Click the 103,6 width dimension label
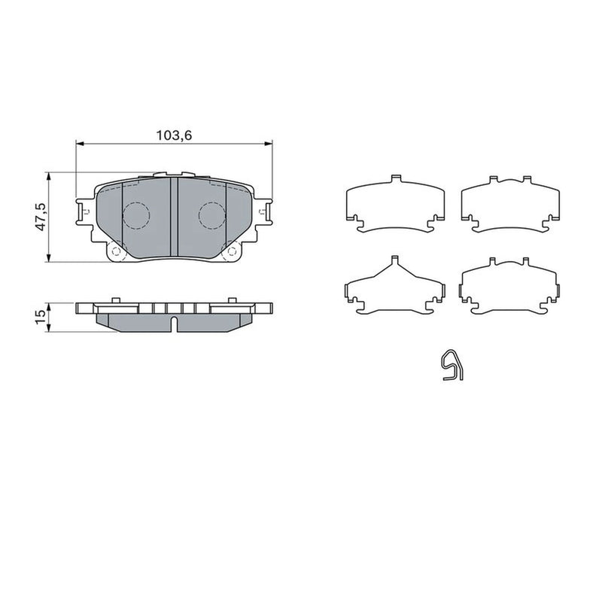174,135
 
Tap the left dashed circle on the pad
136,215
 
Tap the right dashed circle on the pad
212,215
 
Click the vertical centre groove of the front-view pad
174,217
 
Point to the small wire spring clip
452,365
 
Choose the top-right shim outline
510,205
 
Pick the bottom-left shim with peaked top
396,285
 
